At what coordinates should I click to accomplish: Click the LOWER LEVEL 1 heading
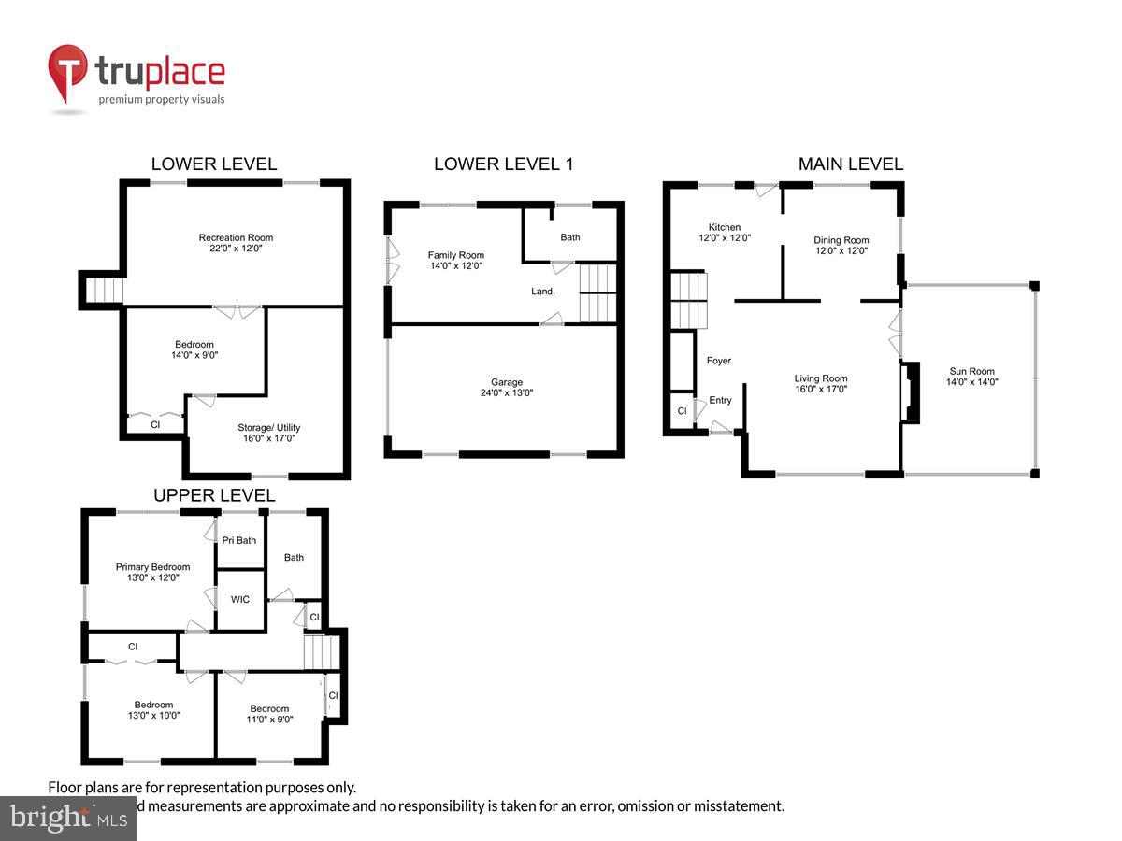point(503,164)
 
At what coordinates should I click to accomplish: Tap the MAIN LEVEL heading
point(850,164)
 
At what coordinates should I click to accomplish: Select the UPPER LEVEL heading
point(214,495)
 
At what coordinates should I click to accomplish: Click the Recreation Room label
point(236,237)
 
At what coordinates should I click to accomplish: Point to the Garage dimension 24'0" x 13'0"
point(507,393)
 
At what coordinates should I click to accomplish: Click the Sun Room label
point(971,371)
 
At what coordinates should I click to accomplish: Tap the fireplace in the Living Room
point(908,395)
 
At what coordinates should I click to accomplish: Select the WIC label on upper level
point(240,599)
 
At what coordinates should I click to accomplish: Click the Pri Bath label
point(239,540)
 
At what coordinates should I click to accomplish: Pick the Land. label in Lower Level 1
point(543,292)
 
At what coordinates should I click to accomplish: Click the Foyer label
point(719,361)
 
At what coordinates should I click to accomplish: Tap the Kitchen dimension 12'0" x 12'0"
point(725,238)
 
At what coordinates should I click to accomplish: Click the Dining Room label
point(841,240)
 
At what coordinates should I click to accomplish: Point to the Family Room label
point(456,255)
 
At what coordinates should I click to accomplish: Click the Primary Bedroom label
point(152,567)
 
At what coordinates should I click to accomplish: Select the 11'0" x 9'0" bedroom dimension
point(269,720)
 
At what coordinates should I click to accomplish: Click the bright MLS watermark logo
point(67,818)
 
